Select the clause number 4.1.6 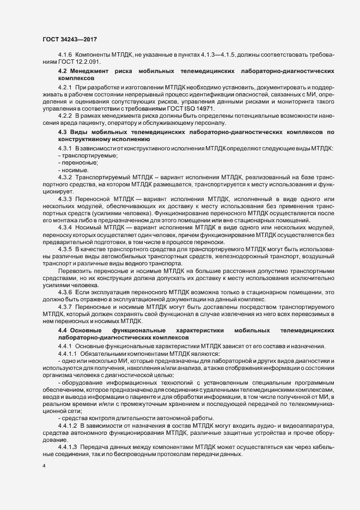coord(65,56)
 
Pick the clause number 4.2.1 coord(65,87)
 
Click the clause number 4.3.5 coord(65,249)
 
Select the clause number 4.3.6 coord(65,293)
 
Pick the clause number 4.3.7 coord(65,307)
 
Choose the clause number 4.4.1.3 coord(68,446)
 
